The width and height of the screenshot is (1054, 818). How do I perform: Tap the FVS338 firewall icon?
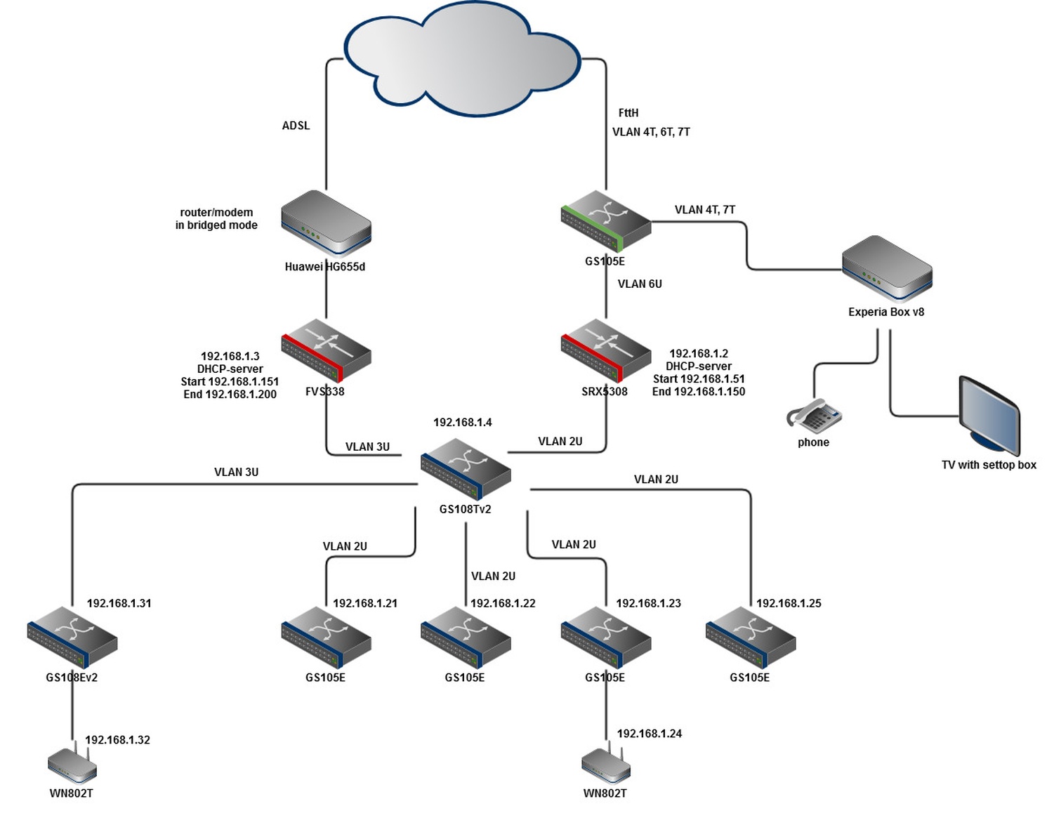click(x=326, y=350)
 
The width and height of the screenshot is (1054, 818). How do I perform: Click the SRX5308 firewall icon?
click(x=606, y=350)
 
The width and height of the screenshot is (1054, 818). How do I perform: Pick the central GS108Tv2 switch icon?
click(x=466, y=469)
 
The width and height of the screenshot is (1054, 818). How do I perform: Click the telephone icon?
click(x=814, y=416)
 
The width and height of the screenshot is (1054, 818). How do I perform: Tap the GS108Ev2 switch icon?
click(x=72, y=637)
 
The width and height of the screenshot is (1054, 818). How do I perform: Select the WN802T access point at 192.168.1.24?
click(x=606, y=765)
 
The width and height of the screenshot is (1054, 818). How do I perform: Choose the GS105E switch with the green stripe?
click(x=606, y=220)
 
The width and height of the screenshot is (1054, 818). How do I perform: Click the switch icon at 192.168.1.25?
click(x=750, y=637)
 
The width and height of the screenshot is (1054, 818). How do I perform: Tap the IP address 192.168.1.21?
click(x=364, y=603)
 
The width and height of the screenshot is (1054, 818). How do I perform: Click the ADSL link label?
click(x=296, y=126)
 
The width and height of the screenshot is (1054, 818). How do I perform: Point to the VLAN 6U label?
click(x=640, y=284)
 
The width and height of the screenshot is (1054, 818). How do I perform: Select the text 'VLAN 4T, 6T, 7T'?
click(x=651, y=132)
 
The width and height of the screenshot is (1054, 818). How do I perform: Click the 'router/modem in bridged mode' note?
click(x=216, y=218)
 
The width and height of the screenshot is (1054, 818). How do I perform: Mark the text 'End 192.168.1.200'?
click(x=230, y=395)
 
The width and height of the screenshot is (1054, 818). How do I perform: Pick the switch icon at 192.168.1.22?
click(x=466, y=637)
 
